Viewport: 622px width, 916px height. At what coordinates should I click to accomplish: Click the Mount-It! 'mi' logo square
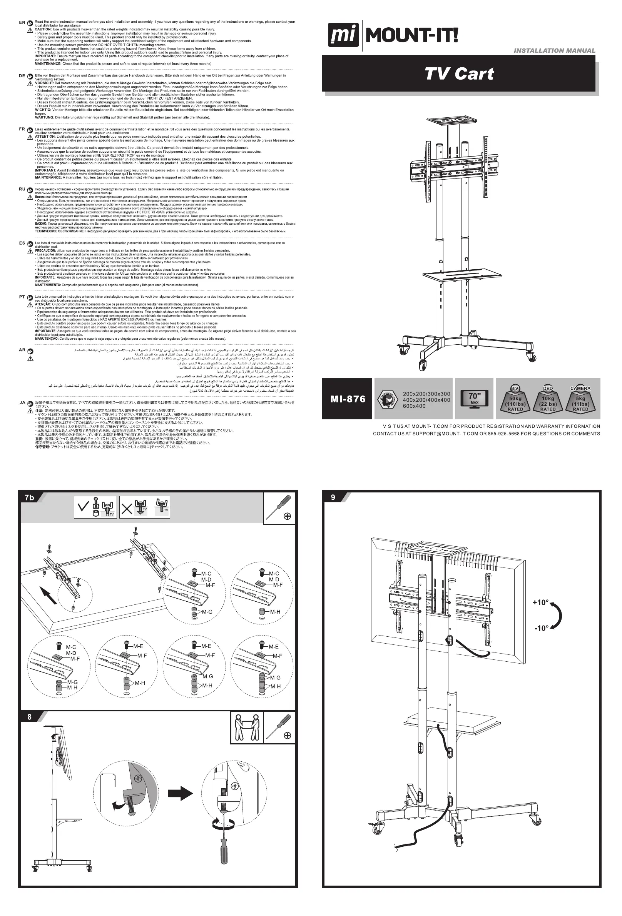pyautogui.click(x=343, y=35)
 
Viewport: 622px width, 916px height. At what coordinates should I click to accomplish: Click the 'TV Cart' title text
pyautogui.click(x=459, y=74)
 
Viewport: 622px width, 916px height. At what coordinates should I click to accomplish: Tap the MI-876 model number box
pyautogui.click(x=347, y=399)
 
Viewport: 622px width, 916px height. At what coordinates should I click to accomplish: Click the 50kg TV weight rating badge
pyautogui.click(x=515, y=400)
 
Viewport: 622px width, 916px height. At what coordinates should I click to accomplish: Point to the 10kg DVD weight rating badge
pyautogui.click(x=548, y=400)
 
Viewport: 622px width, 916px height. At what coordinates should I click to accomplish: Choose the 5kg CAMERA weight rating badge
pyautogui.click(x=580, y=400)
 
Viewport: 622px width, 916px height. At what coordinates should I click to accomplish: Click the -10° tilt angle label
pyautogui.click(x=541, y=628)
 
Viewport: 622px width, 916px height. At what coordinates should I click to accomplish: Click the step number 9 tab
pyautogui.click(x=333, y=497)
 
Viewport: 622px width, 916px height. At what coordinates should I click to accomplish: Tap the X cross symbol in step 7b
pyautogui.click(x=127, y=509)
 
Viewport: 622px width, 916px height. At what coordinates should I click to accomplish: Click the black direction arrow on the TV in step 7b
pyautogui.click(x=48, y=596)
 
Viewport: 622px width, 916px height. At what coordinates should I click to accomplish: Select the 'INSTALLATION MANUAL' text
pyautogui.click(x=554, y=50)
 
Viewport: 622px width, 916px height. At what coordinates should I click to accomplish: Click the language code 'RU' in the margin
pyautogui.click(x=22, y=189)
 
